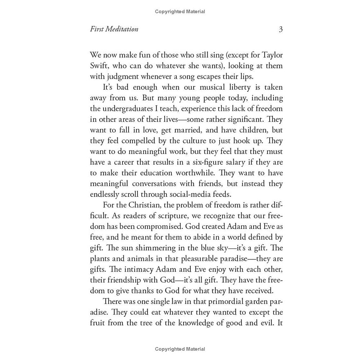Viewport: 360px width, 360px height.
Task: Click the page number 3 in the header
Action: (280, 29)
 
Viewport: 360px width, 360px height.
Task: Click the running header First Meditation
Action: (114, 29)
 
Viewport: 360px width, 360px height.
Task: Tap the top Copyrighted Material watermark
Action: (180, 12)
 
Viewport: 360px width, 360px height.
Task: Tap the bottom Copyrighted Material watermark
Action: (180, 349)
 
